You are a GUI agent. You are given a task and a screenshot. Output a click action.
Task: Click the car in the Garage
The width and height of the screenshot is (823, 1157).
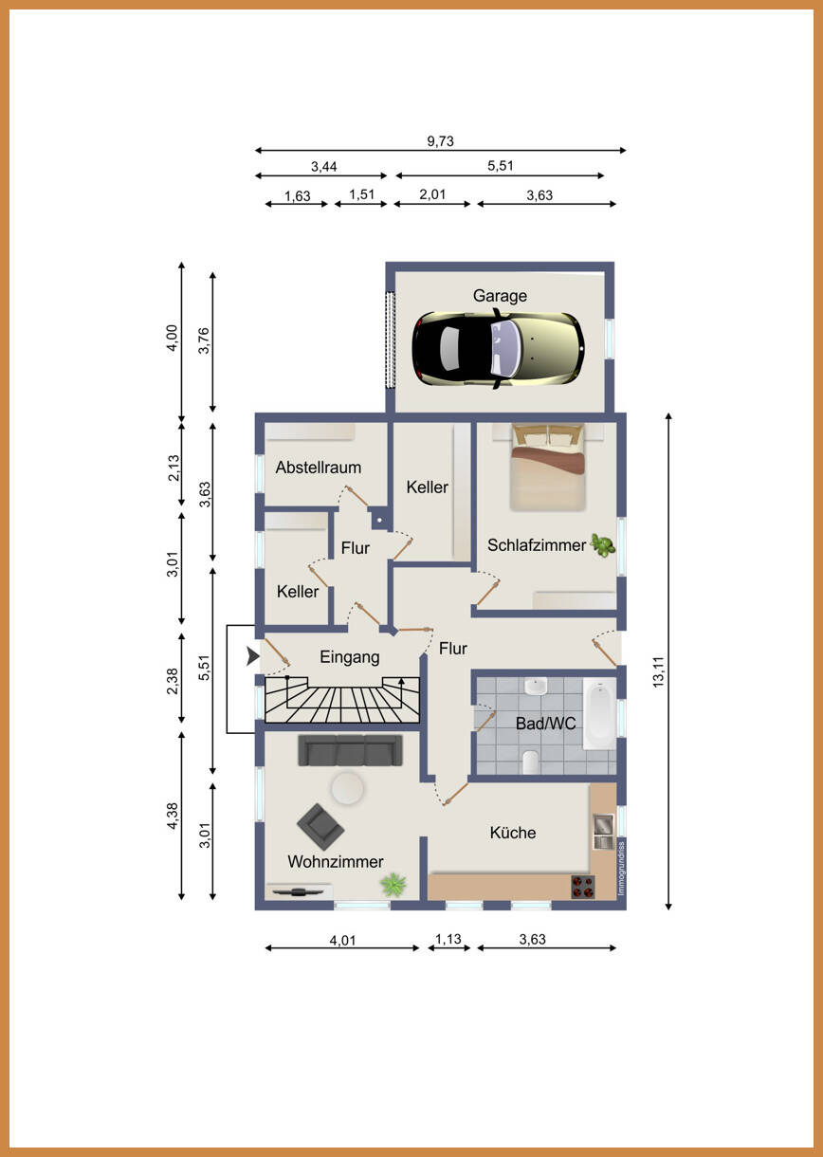(498, 349)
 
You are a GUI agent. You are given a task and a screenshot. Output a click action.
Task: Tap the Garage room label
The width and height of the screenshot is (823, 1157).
(500, 296)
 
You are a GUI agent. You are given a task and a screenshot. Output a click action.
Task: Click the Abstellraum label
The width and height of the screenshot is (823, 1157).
(318, 468)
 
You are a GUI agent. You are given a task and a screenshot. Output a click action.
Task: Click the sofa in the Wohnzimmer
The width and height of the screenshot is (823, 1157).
(350, 750)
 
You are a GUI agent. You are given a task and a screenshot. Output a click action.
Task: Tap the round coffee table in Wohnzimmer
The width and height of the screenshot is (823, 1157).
(348, 788)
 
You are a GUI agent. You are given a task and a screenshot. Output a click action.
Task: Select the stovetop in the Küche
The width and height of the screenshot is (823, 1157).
(582, 887)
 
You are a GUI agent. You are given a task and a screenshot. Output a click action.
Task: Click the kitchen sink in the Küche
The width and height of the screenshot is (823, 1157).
(603, 831)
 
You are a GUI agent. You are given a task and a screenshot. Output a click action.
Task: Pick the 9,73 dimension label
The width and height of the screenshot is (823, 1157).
(440, 141)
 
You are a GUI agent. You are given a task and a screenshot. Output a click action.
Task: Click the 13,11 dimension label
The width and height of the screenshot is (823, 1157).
(659, 671)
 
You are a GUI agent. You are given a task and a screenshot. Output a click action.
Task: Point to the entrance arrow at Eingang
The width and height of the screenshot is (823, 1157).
(252, 656)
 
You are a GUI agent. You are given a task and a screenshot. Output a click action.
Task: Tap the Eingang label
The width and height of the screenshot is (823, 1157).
(350, 657)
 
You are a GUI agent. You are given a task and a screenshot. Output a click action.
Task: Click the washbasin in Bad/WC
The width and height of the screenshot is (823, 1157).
(536, 687)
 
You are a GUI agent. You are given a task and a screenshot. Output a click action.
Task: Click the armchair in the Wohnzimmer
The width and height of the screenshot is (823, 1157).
(320, 827)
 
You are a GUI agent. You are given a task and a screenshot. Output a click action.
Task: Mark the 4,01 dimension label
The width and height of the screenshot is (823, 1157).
(343, 941)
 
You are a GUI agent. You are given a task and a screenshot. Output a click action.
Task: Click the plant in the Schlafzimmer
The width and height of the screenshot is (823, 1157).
(602, 545)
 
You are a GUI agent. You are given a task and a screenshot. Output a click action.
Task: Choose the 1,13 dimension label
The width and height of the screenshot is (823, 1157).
(448, 939)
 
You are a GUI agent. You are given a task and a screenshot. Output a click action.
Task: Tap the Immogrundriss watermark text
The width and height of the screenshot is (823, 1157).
(622, 869)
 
